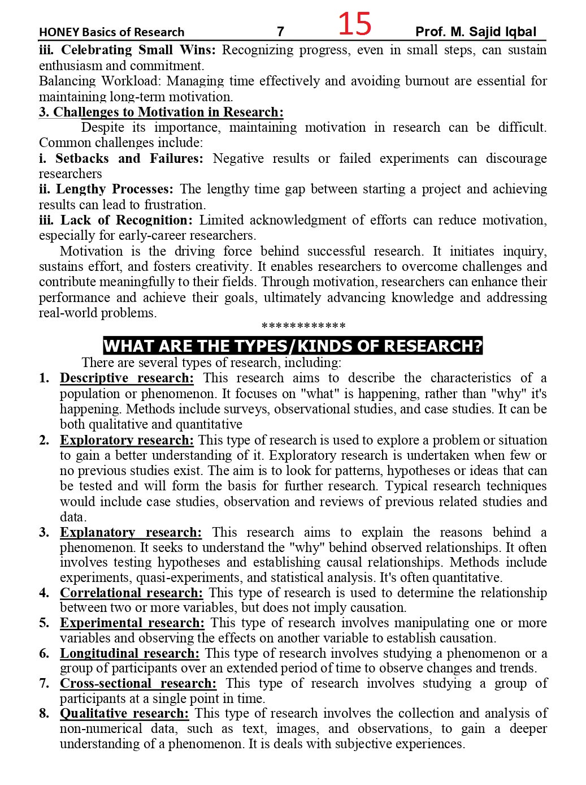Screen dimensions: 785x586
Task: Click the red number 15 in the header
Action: [355, 24]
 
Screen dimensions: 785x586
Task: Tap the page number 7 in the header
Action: [280, 32]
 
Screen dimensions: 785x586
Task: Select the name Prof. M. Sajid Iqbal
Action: [475, 32]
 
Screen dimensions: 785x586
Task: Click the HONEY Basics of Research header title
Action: [111, 32]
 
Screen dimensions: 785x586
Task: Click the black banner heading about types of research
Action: [293, 346]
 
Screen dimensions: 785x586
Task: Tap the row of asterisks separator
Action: [303, 326]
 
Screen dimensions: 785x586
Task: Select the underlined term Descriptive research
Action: [127, 378]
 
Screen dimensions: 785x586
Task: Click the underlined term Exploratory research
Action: [127, 440]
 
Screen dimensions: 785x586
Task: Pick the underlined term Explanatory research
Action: [131, 532]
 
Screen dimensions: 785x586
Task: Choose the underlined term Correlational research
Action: [131, 593]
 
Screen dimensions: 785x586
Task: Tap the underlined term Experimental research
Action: [132, 623]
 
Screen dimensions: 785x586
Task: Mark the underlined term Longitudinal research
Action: [129, 653]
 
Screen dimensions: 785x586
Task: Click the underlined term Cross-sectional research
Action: [138, 683]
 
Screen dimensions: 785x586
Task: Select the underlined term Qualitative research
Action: [124, 713]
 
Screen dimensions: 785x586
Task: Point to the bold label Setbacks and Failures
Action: [129, 158]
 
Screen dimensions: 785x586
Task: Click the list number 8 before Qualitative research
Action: [44, 713]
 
